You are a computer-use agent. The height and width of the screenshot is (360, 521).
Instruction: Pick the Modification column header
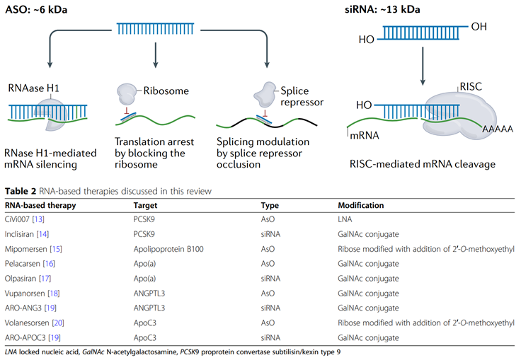click(x=360, y=206)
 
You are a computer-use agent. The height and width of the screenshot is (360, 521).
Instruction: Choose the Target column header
click(x=137, y=206)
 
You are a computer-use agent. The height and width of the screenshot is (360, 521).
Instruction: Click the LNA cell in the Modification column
click(x=346, y=219)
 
